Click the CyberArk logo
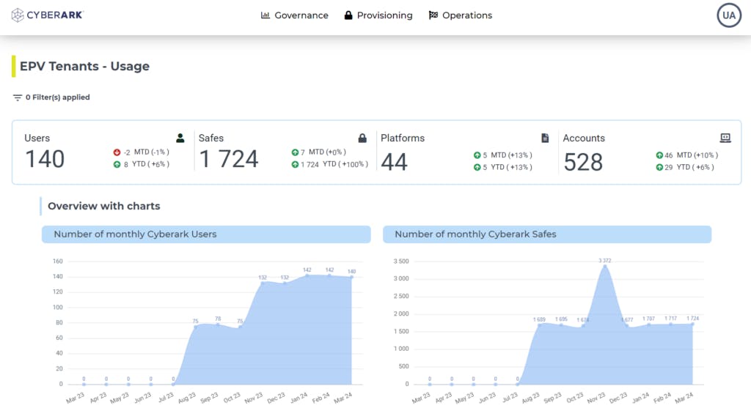[x=47, y=15]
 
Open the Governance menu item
[x=295, y=15]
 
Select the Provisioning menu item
[x=378, y=15]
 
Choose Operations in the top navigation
[x=460, y=15]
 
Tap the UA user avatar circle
[x=729, y=15]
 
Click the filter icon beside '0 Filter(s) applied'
[x=18, y=97]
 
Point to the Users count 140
[x=45, y=159]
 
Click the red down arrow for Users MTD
[x=117, y=152]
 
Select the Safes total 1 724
[x=229, y=159]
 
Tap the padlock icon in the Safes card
[x=362, y=138]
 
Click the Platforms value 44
[x=394, y=162]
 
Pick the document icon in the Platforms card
[x=545, y=138]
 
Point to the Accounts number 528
[x=583, y=162]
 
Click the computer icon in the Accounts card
[x=725, y=138]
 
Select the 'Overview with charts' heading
[x=103, y=206]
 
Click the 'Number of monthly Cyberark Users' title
[x=136, y=234]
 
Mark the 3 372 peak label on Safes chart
[x=604, y=261]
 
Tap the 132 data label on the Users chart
[x=263, y=278]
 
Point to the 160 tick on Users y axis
[x=57, y=262]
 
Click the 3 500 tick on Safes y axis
[x=400, y=262]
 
